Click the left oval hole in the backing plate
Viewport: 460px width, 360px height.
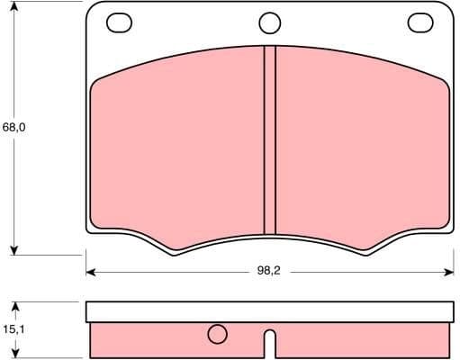click(x=118, y=22)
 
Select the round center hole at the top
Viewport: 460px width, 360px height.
click(x=269, y=22)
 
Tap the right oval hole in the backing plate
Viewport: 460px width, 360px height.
click(x=419, y=22)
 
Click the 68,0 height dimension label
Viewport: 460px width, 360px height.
click(x=14, y=128)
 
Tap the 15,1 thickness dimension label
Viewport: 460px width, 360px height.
click(x=13, y=329)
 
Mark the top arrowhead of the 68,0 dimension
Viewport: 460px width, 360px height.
click(x=14, y=8)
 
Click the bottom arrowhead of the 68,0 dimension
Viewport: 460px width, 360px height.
click(x=14, y=249)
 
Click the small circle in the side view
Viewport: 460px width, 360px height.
click(x=217, y=335)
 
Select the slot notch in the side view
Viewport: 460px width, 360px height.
click(x=268, y=341)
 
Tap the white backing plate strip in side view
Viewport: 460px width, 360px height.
click(x=268, y=311)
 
